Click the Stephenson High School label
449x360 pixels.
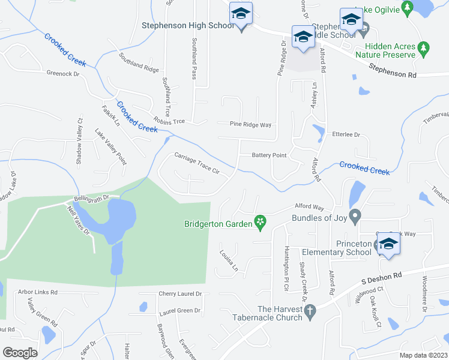tap(188, 26)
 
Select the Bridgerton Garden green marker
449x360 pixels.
tap(261, 223)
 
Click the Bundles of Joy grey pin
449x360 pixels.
tap(355, 215)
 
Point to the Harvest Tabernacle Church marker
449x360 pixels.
tap(310, 311)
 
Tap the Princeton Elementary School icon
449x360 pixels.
tap(388, 244)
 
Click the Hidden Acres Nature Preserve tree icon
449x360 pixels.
tap(424, 46)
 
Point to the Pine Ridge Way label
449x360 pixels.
tap(251, 125)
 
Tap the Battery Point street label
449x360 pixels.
tap(269, 155)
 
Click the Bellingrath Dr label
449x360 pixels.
tap(91, 197)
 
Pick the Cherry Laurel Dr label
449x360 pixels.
tap(180, 294)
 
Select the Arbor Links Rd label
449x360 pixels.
tap(37, 292)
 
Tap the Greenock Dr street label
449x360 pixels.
tap(63, 74)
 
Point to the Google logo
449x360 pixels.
tap(20, 353)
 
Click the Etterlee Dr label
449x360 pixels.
tap(345, 135)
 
